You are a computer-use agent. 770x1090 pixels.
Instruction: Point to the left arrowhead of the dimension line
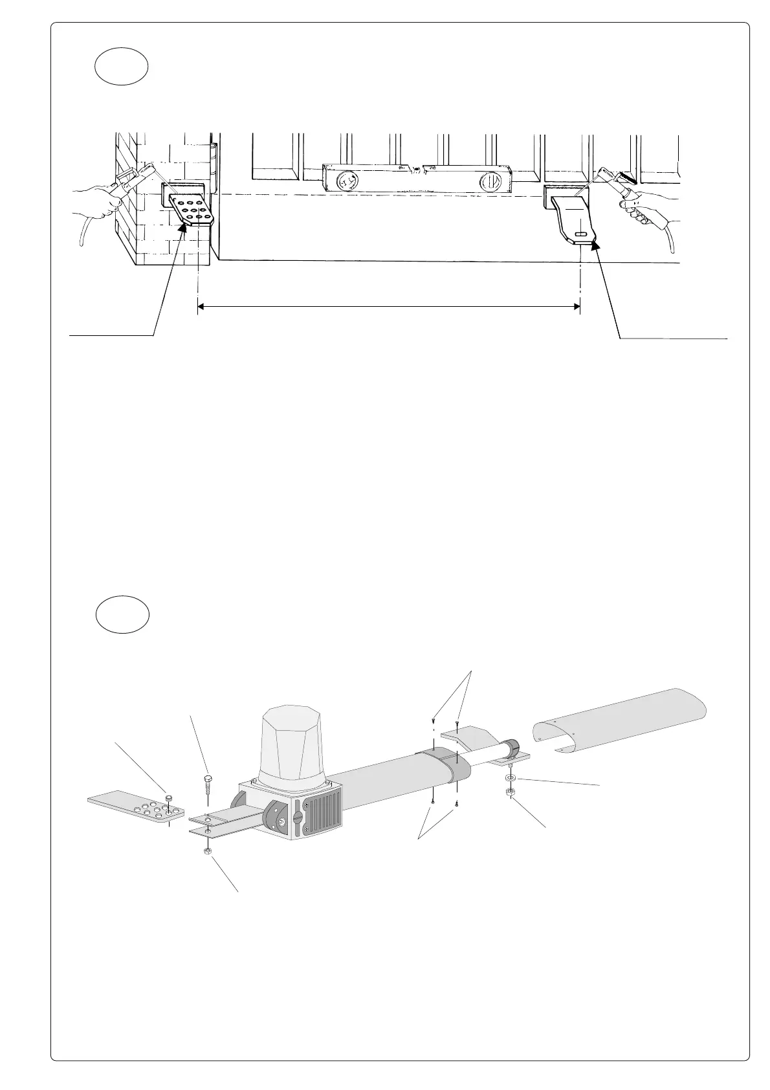coord(201,307)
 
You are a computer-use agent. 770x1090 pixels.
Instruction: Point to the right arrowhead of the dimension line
coord(576,307)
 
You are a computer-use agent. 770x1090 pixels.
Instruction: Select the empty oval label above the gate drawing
coord(122,68)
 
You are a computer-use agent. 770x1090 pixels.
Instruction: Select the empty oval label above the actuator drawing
coord(122,615)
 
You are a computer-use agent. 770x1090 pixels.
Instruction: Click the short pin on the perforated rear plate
coord(168,799)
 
